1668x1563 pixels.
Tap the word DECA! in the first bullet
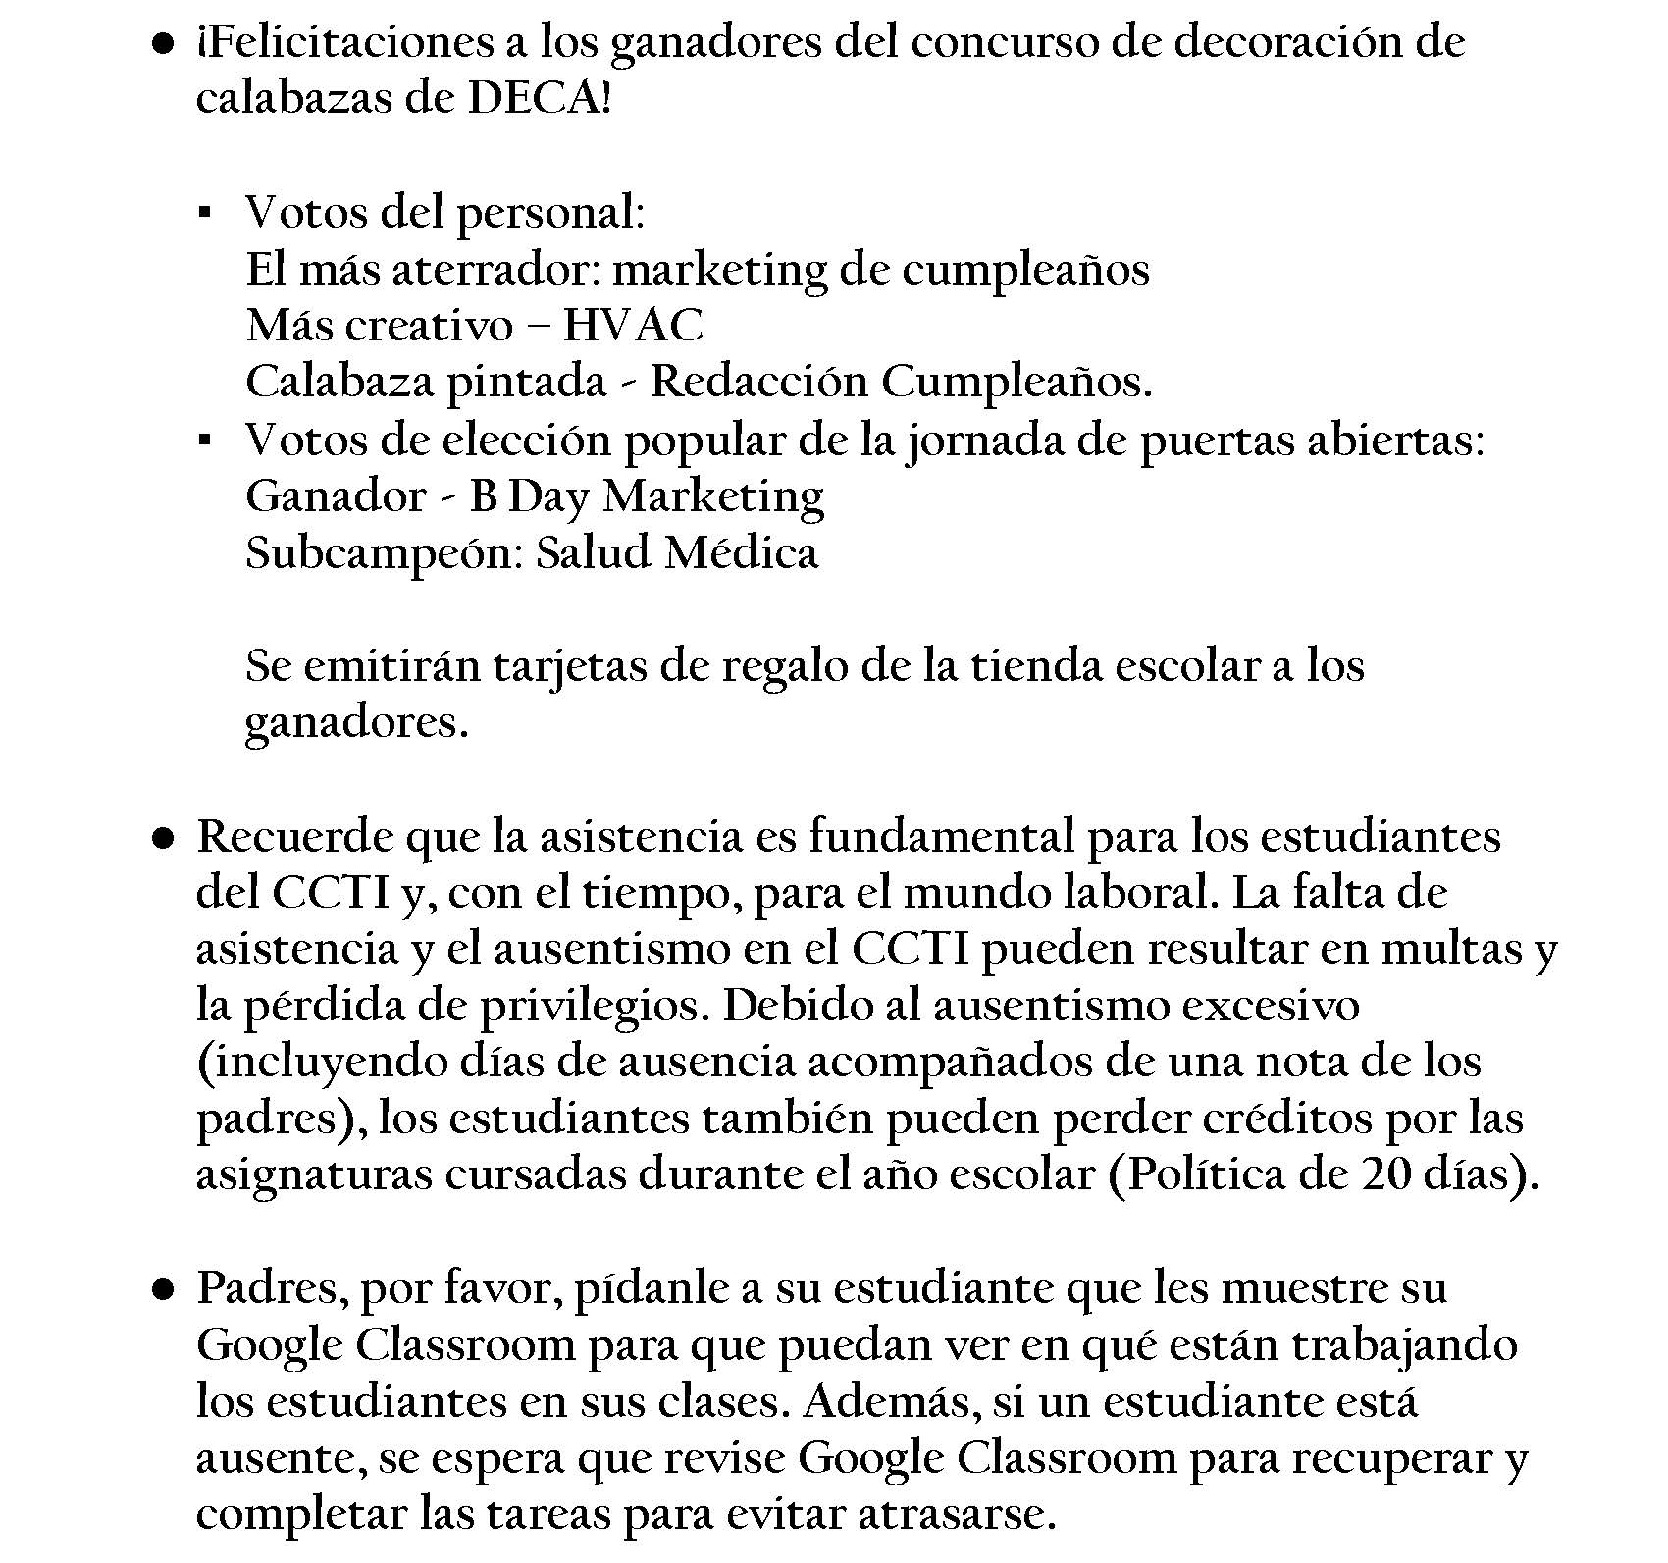point(540,99)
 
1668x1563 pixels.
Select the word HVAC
point(632,326)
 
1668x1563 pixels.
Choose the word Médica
point(741,553)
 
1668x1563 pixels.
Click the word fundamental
point(941,837)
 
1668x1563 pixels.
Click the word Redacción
point(759,383)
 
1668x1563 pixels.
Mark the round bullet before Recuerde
point(163,838)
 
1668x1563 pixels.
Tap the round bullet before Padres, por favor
point(163,1288)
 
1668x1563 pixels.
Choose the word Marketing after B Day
point(713,496)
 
